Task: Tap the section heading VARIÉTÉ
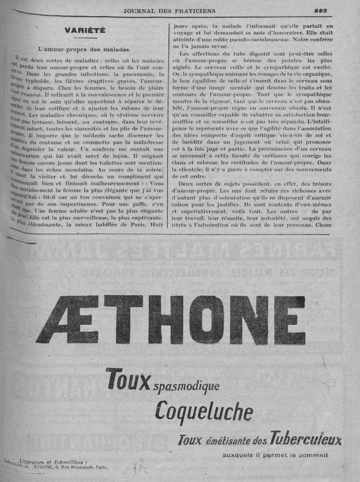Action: coord(85,31)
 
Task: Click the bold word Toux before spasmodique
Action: coord(128,381)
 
